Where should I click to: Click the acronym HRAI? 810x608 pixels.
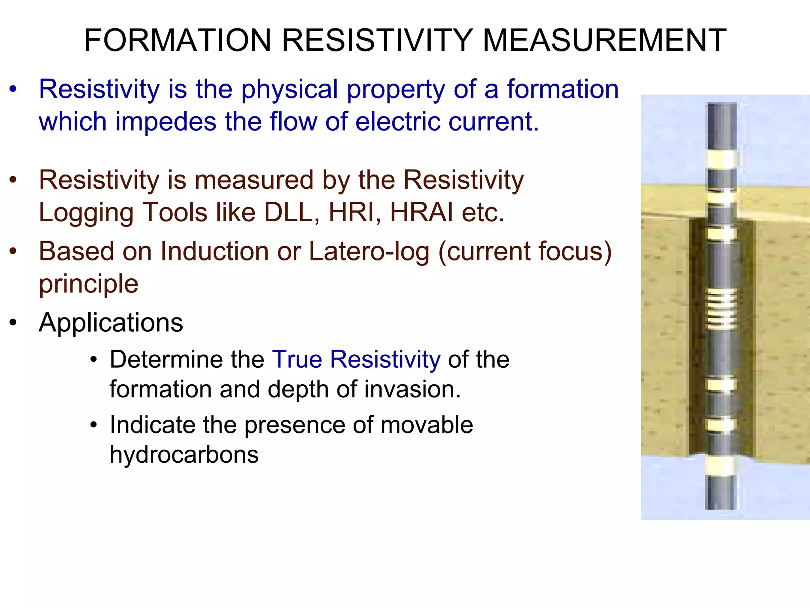[421, 213]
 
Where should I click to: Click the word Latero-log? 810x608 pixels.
[369, 251]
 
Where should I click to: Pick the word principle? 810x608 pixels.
[89, 284]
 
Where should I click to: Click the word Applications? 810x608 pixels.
[111, 323]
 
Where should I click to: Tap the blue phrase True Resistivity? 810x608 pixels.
[356, 359]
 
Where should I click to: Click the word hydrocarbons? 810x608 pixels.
[184, 454]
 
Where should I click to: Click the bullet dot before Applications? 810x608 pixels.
[13, 323]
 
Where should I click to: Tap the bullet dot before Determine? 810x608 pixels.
[93, 360]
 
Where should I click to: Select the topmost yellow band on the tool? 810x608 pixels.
[721, 159]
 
